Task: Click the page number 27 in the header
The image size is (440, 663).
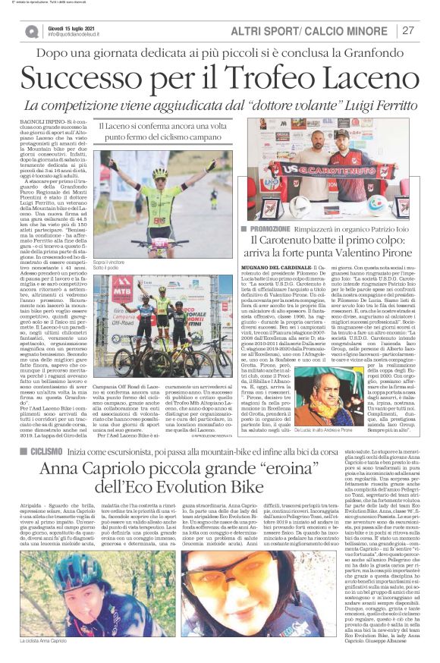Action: (408, 30)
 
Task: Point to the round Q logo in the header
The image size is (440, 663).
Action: (31, 31)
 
